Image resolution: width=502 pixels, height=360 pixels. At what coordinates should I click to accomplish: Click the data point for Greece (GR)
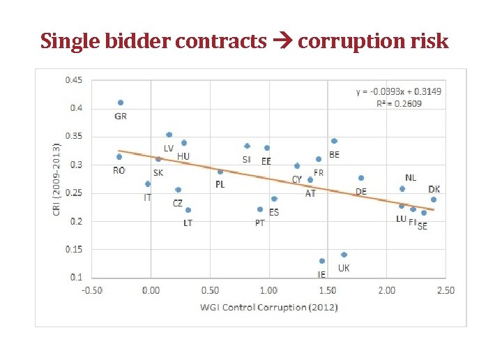[121, 103]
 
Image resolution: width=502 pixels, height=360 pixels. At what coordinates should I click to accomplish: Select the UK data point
[344, 255]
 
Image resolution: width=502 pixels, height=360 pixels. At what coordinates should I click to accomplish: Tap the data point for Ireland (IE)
[322, 261]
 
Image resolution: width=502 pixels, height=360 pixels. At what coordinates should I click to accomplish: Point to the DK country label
[434, 189]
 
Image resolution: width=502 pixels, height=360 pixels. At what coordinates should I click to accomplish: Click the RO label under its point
[119, 170]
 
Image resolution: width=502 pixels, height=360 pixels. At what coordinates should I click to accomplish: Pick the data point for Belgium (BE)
[334, 141]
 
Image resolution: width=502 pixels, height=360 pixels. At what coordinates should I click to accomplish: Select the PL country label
[220, 184]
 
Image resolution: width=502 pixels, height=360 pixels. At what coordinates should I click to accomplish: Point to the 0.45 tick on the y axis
[73, 80]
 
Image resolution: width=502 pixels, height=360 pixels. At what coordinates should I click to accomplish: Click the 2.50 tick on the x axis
[445, 290]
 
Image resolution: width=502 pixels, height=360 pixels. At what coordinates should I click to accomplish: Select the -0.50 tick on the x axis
[92, 290]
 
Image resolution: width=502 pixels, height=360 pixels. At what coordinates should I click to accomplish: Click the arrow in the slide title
[282, 42]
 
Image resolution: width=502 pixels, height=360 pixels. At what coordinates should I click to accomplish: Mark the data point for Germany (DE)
[361, 178]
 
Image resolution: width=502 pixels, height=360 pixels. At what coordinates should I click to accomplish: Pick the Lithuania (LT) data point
[188, 210]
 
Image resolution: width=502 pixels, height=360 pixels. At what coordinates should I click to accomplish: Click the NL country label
[411, 178]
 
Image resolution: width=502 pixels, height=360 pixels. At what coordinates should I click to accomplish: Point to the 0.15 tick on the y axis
[73, 249]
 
